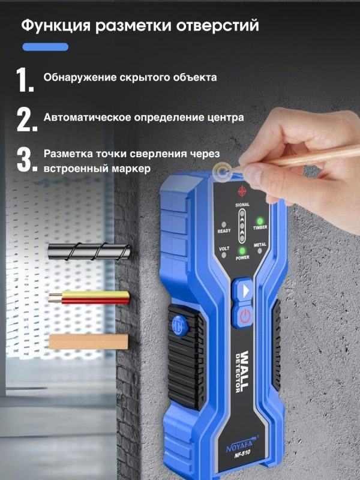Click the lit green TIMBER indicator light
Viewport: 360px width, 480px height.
coord(260,221)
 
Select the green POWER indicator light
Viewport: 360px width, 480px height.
coord(242,251)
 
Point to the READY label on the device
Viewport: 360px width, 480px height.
coord(224,231)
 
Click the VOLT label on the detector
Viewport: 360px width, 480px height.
coord(224,248)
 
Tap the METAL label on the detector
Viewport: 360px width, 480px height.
coord(260,245)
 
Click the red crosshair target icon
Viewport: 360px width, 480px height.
coord(242,191)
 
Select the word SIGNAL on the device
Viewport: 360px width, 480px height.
coord(242,205)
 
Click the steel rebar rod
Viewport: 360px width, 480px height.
coord(89,251)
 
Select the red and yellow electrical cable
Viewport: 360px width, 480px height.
coord(89,298)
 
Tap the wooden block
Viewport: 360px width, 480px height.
coord(89,341)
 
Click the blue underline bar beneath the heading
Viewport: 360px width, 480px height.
coord(46,47)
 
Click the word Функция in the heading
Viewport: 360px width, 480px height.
coord(56,26)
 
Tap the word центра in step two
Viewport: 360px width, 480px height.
coord(225,118)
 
